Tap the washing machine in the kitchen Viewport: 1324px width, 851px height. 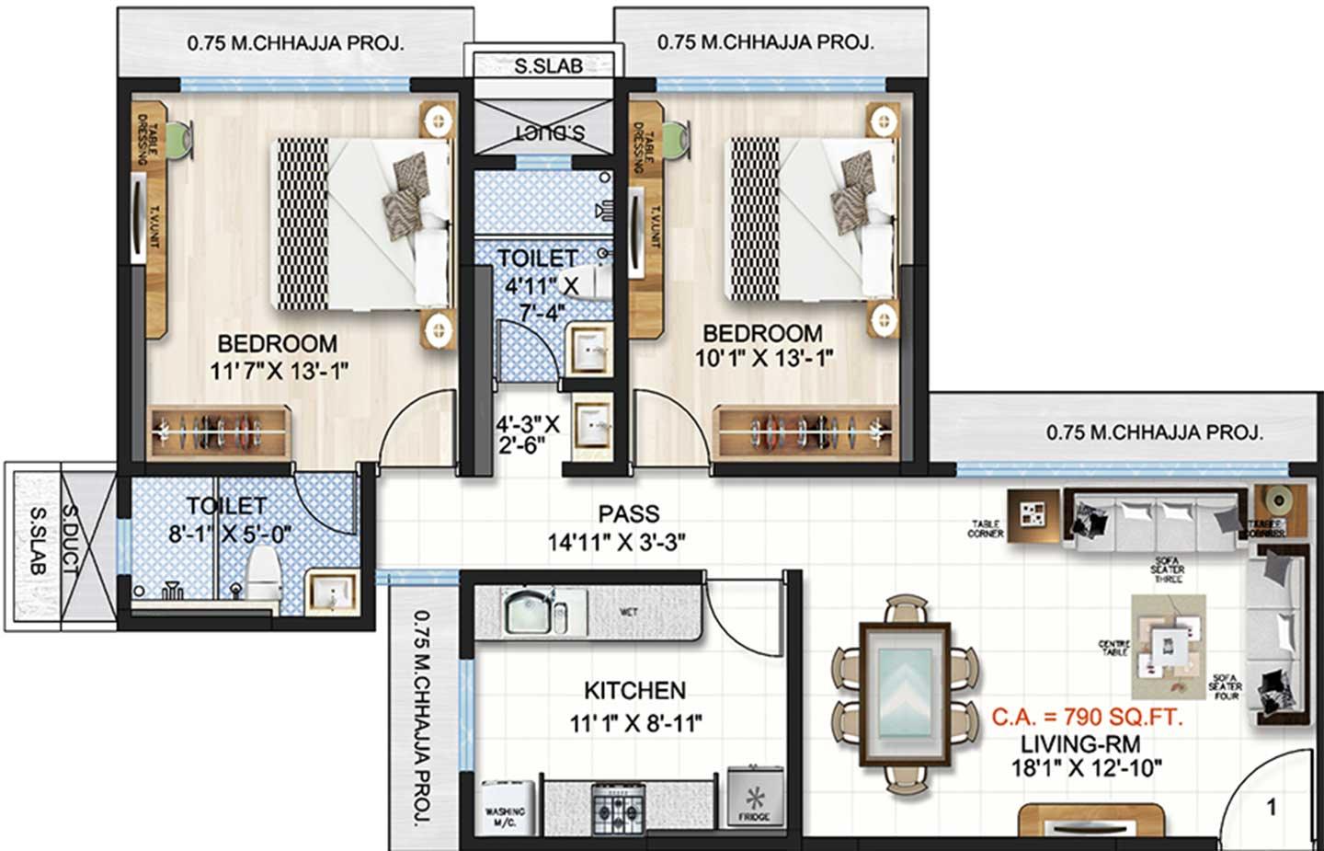click(x=506, y=806)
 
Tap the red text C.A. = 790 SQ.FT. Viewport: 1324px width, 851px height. click(x=1087, y=717)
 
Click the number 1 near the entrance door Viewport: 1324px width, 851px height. click(x=1272, y=808)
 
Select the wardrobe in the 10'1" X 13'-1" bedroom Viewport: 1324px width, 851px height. click(x=807, y=430)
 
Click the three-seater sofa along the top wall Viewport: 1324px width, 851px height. click(x=1154, y=521)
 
